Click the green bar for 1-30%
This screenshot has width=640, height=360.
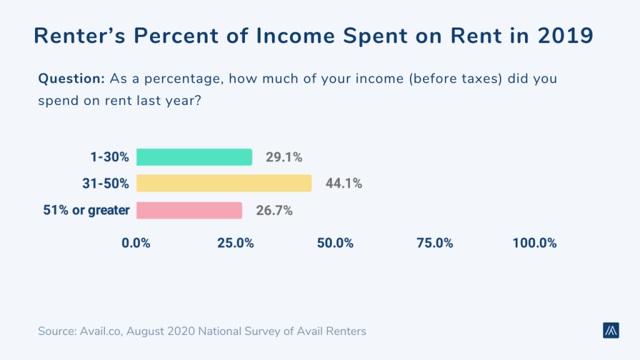[194, 157]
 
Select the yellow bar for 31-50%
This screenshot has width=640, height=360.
[224, 183]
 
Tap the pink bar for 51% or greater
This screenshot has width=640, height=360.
[189, 210]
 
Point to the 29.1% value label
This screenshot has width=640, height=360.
[284, 157]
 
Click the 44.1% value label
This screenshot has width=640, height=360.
[343, 184]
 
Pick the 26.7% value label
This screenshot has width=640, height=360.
[274, 211]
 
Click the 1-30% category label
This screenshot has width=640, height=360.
[111, 157]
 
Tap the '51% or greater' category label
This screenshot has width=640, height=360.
[86, 210]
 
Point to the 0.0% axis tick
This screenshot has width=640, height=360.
[136, 243]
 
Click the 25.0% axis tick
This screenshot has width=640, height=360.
[236, 243]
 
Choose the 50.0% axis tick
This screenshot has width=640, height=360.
[335, 243]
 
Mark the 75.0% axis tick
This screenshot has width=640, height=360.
[435, 243]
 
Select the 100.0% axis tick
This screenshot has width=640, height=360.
[534, 243]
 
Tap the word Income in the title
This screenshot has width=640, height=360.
[303, 36]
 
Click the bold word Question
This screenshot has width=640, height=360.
[71, 79]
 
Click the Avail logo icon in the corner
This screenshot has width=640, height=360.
[611, 331]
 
